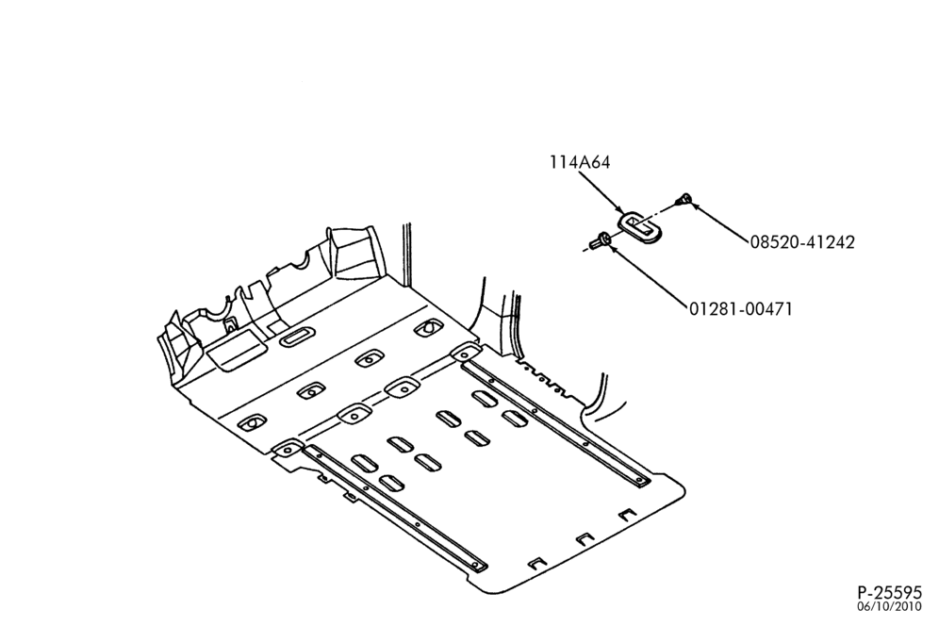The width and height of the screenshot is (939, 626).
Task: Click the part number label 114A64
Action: click(x=581, y=162)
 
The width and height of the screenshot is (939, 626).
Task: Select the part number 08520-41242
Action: click(x=802, y=242)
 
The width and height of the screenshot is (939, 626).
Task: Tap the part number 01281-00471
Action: click(x=740, y=309)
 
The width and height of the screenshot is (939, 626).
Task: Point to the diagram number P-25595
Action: click(x=889, y=592)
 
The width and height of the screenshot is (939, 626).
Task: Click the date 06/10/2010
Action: click(x=889, y=606)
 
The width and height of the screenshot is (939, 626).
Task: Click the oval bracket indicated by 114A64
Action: click(x=639, y=226)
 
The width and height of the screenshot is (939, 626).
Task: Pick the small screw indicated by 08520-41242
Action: click(x=683, y=199)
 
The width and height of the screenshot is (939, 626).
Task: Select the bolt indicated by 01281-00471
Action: click(x=599, y=241)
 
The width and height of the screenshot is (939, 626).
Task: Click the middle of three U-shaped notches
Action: click(x=585, y=538)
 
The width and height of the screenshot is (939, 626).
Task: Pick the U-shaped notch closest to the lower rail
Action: click(x=537, y=563)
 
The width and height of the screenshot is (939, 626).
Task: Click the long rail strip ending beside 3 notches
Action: click(x=395, y=508)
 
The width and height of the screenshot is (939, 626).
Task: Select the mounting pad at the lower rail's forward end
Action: click(x=288, y=448)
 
